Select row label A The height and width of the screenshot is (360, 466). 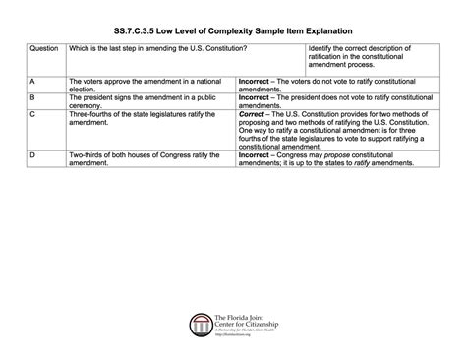[33, 78]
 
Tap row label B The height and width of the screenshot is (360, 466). [33, 97]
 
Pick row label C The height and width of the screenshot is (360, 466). [33, 116]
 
